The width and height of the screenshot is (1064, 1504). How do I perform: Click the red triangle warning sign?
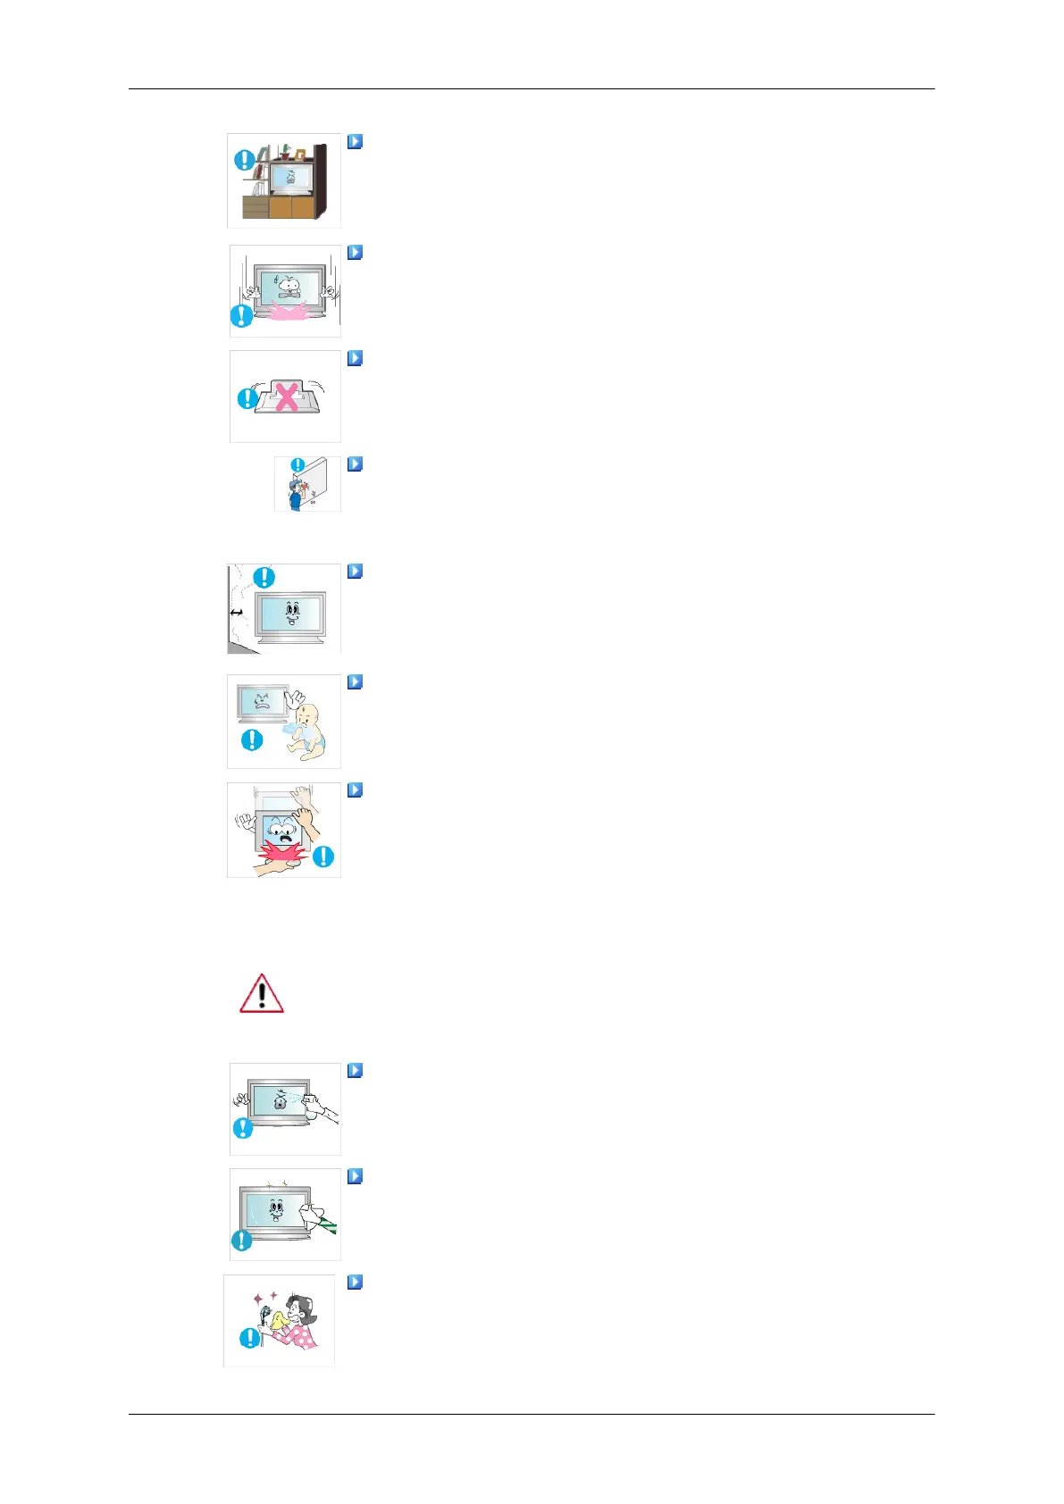261,993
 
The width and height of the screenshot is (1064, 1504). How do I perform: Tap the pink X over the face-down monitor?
286,397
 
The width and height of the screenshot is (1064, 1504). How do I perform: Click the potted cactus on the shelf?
284,152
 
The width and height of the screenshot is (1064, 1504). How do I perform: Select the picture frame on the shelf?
300,155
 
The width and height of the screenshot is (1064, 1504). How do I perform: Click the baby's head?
308,716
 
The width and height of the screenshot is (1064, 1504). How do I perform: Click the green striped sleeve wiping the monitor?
328,1223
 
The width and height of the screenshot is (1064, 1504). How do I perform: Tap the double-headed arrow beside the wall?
237,613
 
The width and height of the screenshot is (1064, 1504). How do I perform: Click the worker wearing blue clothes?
295,494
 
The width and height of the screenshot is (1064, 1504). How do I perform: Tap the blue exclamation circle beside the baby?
252,739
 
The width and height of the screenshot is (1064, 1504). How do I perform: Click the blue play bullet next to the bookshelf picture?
355,141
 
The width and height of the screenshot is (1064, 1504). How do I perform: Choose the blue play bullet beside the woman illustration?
355,1282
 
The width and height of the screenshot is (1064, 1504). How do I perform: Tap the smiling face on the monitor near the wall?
291,612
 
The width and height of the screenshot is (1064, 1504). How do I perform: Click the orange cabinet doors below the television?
291,207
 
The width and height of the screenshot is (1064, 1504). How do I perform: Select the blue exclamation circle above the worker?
298,464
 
